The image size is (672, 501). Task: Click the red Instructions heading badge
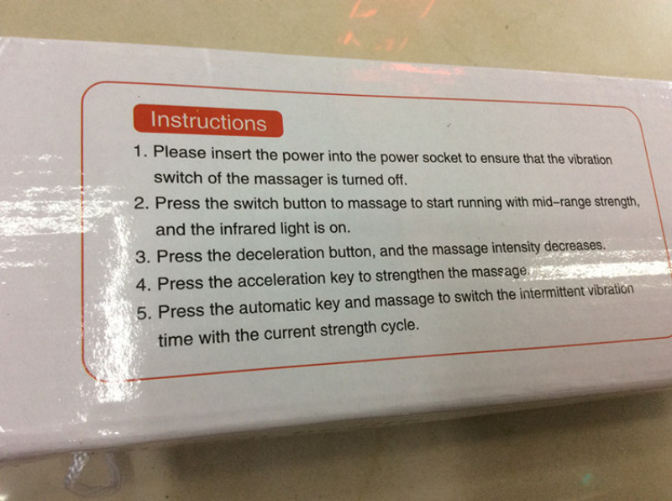(208, 121)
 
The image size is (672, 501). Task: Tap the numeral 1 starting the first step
(139, 151)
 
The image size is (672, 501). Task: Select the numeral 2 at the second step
(140, 203)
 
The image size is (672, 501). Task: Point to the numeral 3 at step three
(142, 257)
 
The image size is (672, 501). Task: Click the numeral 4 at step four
(143, 284)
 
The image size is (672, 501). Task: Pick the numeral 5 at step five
(144, 313)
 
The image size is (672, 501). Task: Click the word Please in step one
(180, 152)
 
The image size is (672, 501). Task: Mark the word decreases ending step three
(575, 246)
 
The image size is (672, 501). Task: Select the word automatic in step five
(275, 307)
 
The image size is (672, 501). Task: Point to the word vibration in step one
(590, 160)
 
